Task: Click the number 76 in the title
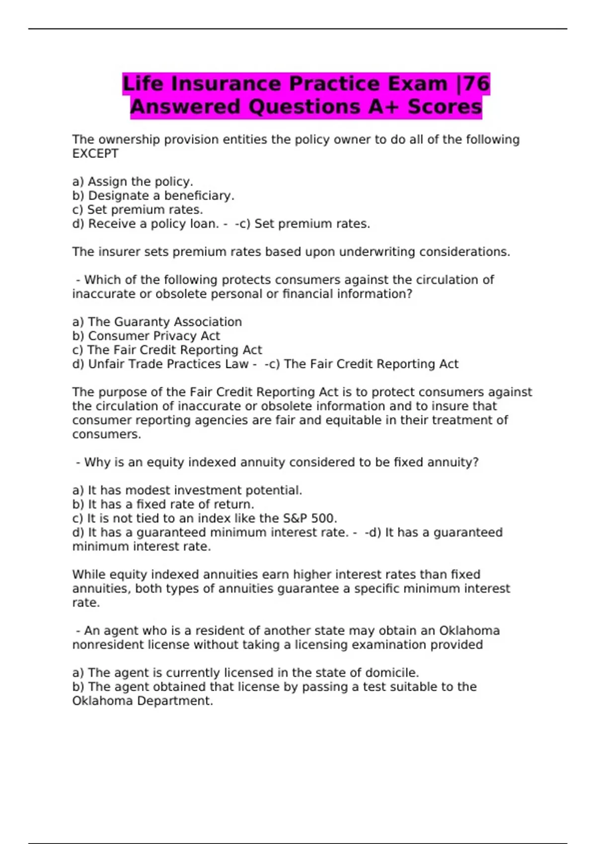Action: [477, 84]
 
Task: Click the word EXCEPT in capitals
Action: [95, 154]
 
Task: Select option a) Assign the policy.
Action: [133, 182]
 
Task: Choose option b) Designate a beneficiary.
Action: [153, 196]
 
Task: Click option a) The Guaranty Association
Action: [157, 322]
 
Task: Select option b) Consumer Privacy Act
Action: [146, 336]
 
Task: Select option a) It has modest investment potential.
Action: [187, 491]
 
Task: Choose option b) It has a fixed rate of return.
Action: [163, 504]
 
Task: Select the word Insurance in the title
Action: [226, 84]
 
